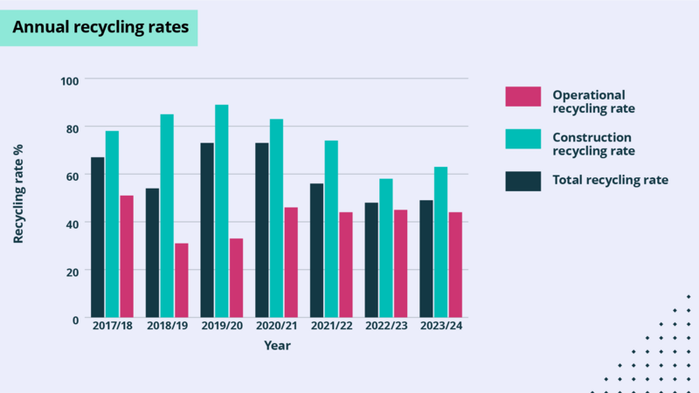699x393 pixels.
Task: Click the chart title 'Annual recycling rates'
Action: tap(100, 28)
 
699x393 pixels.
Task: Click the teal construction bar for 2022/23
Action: tap(385, 248)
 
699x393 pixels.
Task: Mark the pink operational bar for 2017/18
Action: tap(127, 257)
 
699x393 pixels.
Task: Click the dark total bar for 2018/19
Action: tap(152, 253)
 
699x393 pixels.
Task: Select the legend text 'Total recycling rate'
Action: tap(610, 180)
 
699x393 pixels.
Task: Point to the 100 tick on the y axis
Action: tap(69, 80)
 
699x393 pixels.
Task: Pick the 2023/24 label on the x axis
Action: tap(440, 327)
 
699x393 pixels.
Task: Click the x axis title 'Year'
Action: tap(277, 346)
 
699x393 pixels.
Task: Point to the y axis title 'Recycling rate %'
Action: tap(18, 199)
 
